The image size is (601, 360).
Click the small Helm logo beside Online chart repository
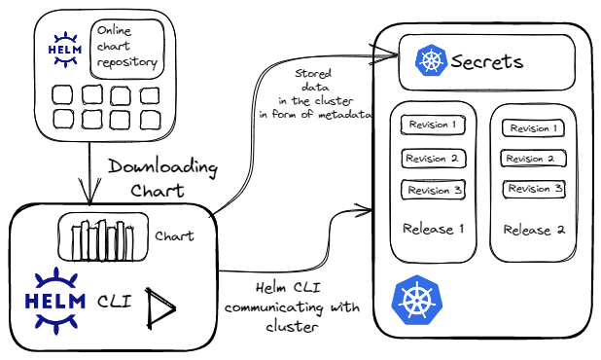click(65, 50)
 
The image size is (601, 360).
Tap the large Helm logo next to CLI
click(55, 302)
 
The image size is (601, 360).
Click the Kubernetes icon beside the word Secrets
click(431, 60)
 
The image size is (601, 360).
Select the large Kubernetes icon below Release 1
click(417, 301)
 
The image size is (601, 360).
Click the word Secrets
click(487, 61)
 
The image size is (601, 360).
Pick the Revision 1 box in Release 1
click(433, 125)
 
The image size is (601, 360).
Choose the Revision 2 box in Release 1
click(434, 159)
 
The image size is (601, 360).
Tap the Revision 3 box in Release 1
click(434, 190)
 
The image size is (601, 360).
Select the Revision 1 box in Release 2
click(534, 128)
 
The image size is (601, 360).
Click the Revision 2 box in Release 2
click(533, 159)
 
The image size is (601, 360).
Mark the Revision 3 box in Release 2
click(534, 189)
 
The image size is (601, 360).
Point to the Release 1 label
click(434, 229)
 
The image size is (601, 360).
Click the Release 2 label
click(534, 230)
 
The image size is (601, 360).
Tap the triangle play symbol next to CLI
click(159, 308)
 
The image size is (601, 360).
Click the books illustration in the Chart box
click(103, 240)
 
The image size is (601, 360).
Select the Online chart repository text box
click(127, 49)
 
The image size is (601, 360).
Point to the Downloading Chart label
click(162, 179)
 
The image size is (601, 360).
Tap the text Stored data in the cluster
click(315, 94)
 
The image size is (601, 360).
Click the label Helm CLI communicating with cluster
click(292, 307)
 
